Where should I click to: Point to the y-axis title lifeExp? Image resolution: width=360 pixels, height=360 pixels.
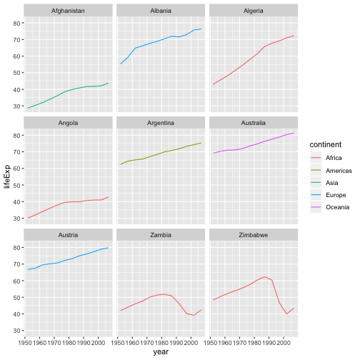(x=8, y=174)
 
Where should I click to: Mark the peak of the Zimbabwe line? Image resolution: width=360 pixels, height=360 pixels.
(x=264, y=276)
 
